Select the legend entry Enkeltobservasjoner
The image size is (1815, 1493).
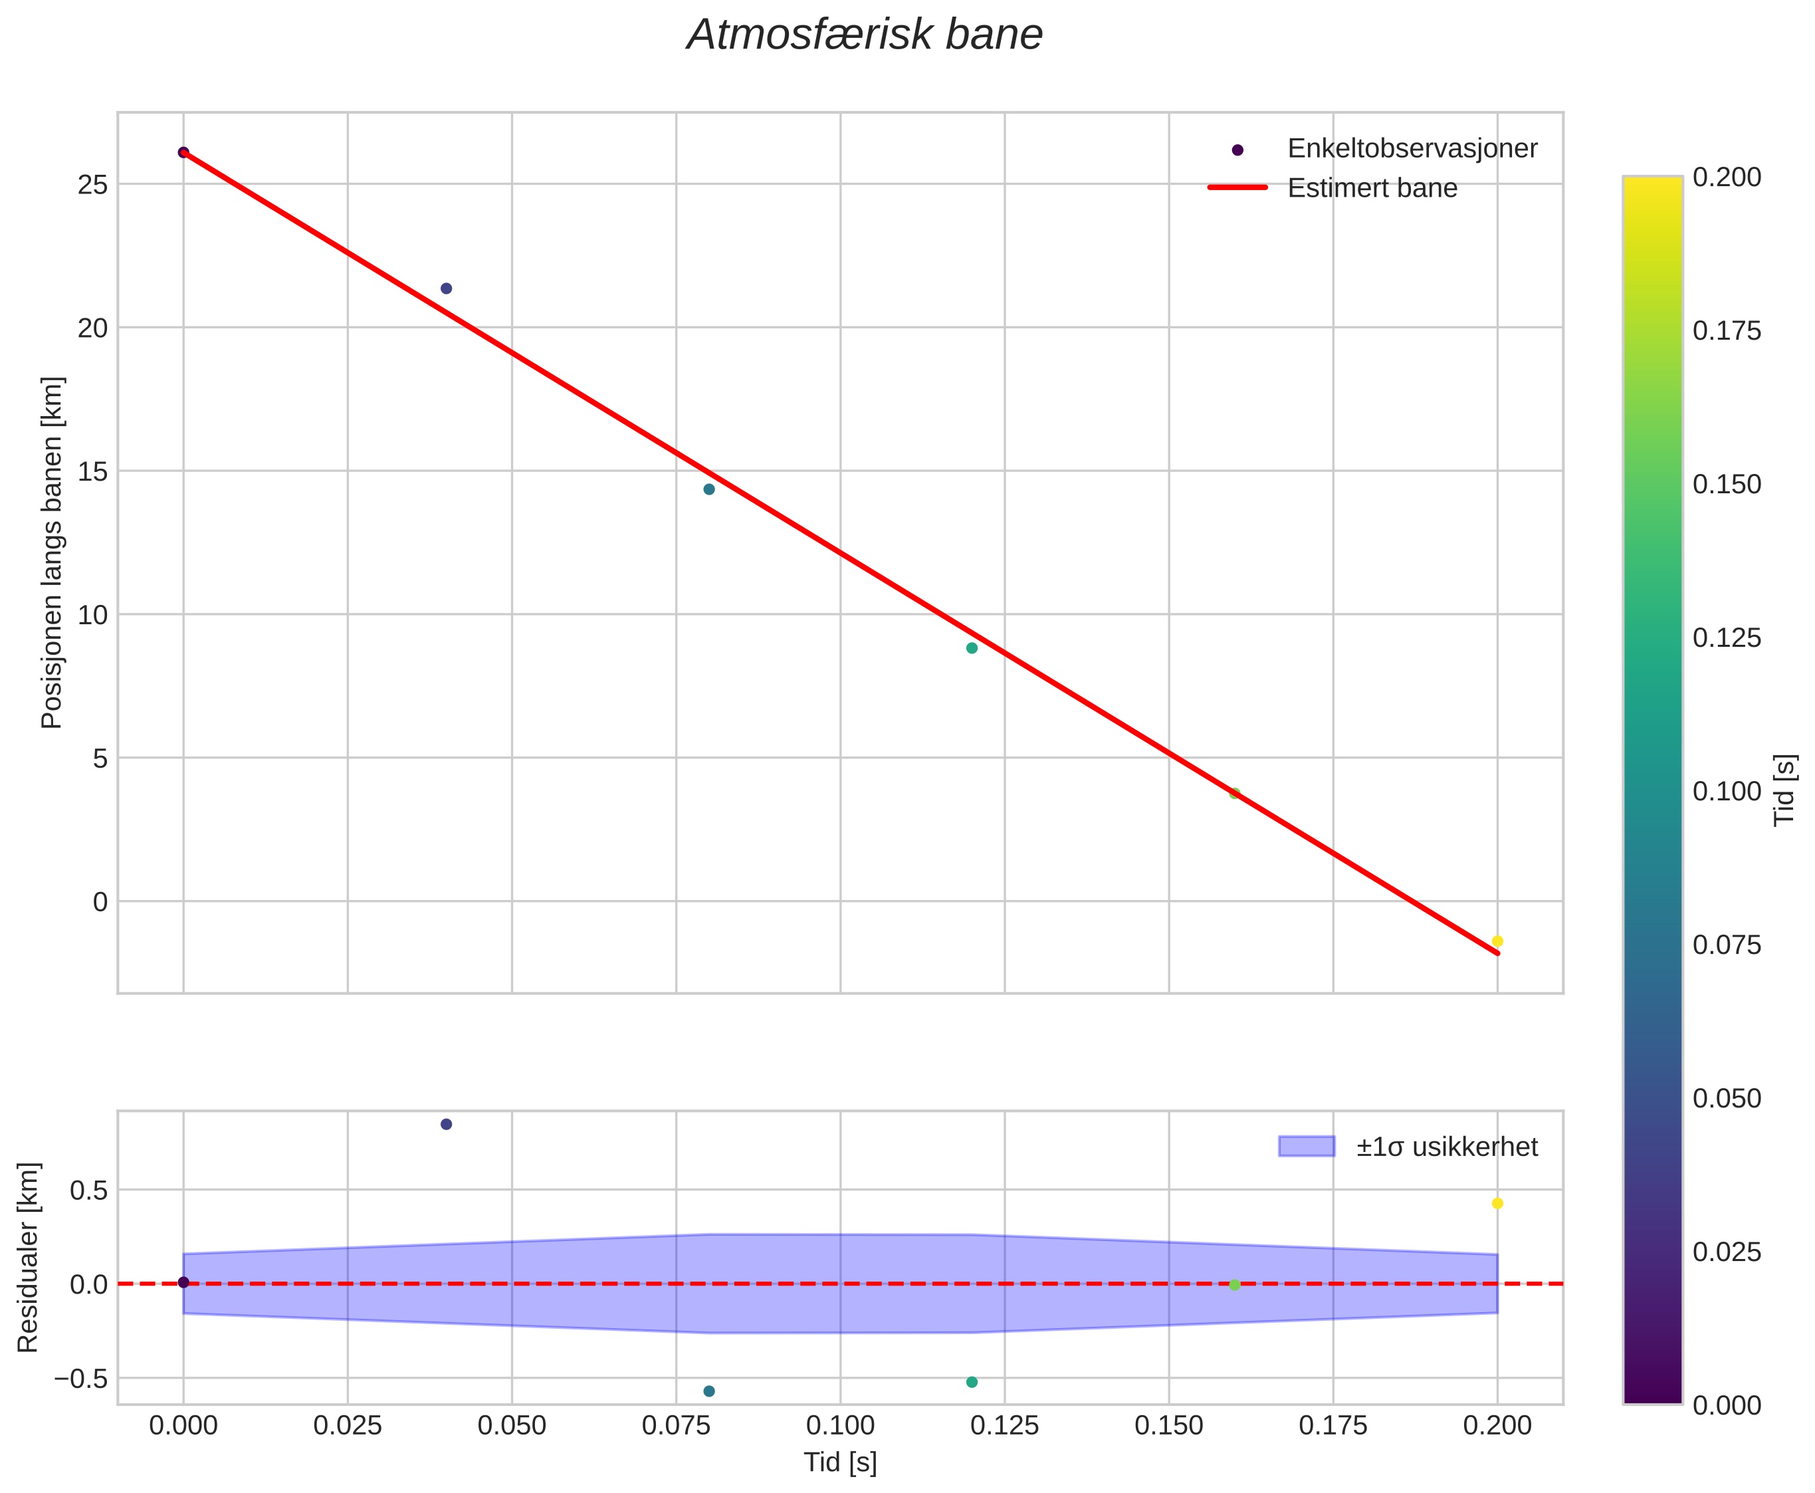point(1411,149)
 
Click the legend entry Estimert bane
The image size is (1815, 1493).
point(1371,188)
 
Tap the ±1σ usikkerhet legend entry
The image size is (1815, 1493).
point(1446,1147)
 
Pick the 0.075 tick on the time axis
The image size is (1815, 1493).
point(676,1425)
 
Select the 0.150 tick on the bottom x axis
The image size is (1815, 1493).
point(1168,1425)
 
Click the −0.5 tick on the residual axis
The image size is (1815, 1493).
point(81,1379)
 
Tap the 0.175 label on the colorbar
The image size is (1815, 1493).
point(1727,331)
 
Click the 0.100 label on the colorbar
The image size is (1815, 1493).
point(1727,791)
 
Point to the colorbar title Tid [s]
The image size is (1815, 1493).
point(1786,790)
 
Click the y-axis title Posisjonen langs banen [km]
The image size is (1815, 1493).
point(52,552)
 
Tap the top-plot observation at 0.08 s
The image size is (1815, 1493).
point(708,489)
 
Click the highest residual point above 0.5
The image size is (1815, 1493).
point(446,1124)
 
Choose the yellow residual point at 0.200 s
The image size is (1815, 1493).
point(1497,1203)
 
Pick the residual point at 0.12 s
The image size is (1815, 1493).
point(972,1382)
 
